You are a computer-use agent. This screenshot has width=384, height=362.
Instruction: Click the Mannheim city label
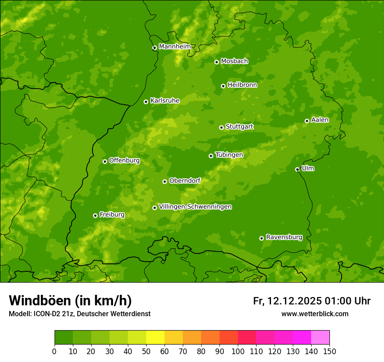pyautogui.click(x=175, y=46)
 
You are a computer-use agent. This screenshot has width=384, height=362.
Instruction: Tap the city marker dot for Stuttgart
pyautogui.click(x=221, y=127)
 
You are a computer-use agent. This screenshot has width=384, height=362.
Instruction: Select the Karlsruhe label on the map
pyautogui.click(x=165, y=101)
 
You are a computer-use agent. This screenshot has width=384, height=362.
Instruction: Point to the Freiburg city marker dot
pyautogui.click(x=95, y=215)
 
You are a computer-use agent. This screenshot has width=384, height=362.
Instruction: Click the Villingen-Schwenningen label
pyautogui.click(x=195, y=207)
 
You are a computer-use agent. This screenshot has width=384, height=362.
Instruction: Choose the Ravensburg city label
pyautogui.click(x=284, y=237)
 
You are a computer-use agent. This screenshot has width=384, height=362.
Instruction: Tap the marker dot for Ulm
pyautogui.click(x=297, y=169)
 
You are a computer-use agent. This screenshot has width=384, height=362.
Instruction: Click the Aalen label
pyautogui.click(x=319, y=120)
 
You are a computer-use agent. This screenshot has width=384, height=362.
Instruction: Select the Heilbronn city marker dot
pyautogui.click(x=223, y=86)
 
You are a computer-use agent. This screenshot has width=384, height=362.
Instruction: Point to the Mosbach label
pyautogui.click(x=234, y=61)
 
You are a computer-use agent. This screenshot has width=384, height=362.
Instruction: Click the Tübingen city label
pyautogui.click(x=229, y=155)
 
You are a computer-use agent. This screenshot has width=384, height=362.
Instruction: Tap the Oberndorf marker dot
pyautogui.click(x=165, y=181)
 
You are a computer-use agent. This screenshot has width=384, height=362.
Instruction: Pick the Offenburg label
pyautogui.click(x=124, y=161)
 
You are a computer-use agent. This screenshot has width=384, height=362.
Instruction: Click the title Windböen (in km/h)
pyautogui.click(x=70, y=301)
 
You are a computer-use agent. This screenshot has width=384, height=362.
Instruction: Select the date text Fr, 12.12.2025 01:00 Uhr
pyautogui.click(x=312, y=301)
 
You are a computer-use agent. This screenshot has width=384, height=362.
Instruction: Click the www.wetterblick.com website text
pyautogui.click(x=315, y=314)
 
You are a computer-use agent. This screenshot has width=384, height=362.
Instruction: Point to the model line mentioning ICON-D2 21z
pyautogui.click(x=79, y=314)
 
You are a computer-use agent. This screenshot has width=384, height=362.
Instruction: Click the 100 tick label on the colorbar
pyautogui.click(x=238, y=351)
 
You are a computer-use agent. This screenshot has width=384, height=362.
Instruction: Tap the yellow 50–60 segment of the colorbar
pyautogui.click(x=155, y=338)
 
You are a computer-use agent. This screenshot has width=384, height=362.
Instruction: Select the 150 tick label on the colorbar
pyautogui.click(x=329, y=351)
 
